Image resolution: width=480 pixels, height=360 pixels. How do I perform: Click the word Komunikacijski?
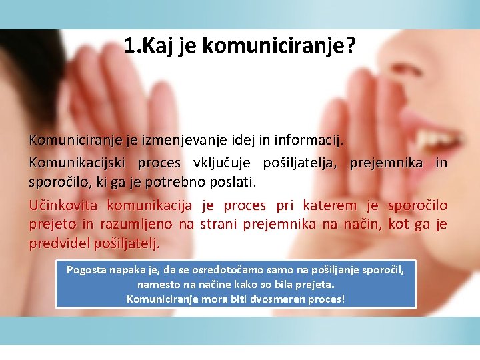[x=78, y=163]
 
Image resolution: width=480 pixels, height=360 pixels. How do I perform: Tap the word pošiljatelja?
[x=302, y=163]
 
